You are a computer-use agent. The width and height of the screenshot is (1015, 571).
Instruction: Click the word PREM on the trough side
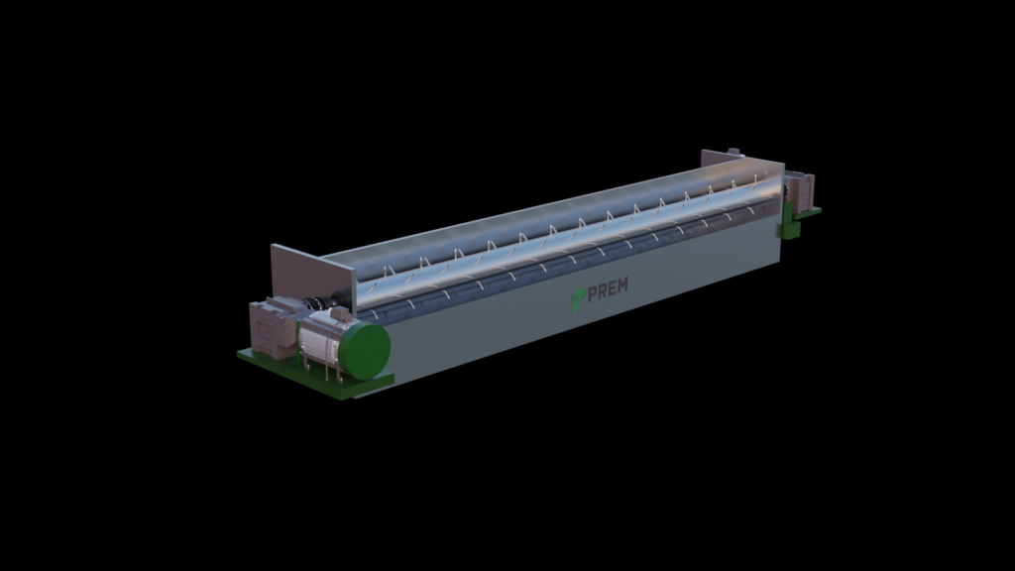click(x=608, y=288)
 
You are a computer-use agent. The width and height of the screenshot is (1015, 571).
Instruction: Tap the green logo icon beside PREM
click(x=578, y=300)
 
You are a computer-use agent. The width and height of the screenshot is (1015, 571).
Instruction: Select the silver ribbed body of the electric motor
click(x=322, y=341)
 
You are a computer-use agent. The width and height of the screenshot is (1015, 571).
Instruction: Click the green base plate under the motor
click(x=315, y=374)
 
